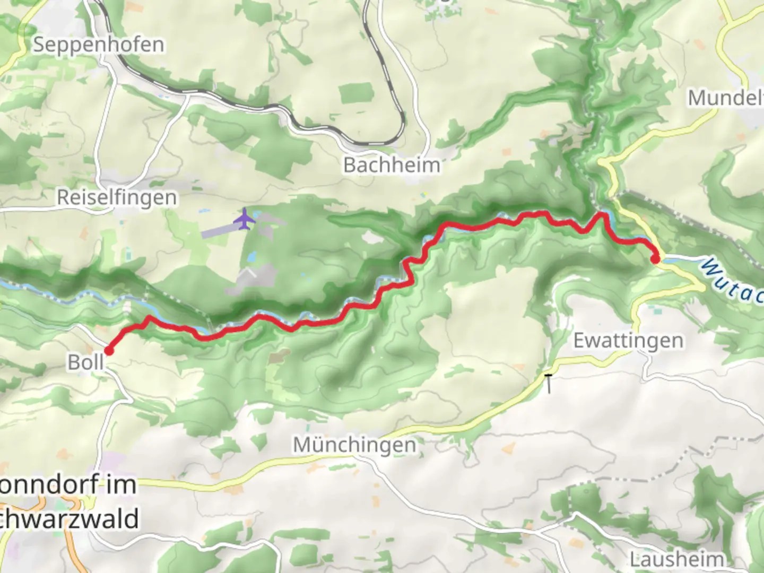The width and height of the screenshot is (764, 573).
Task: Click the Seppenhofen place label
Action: tap(99, 45)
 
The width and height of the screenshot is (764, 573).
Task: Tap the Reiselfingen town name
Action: tap(117, 197)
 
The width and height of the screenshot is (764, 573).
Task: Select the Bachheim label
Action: tap(392, 165)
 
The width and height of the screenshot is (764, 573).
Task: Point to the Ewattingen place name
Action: tap(628, 341)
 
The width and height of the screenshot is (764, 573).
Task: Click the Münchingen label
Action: tap(354, 445)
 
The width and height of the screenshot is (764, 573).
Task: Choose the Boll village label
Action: tap(85, 362)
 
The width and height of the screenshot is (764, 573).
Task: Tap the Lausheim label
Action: tap(676, 559)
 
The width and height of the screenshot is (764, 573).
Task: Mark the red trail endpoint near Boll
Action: tap(109, 350)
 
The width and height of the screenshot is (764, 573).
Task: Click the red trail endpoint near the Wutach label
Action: tap(655, 259)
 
